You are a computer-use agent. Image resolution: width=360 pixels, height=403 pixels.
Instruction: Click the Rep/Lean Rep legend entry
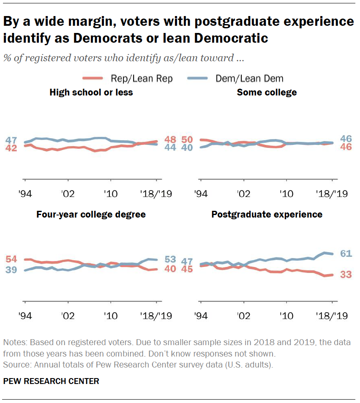(x=127, y=78)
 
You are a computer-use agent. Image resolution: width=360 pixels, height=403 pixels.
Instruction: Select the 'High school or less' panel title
(x=91, y=92)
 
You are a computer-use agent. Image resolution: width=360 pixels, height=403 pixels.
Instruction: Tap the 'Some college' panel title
(x=267, y=92)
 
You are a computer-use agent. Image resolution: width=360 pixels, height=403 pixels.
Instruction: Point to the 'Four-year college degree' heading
(x=91, y=215)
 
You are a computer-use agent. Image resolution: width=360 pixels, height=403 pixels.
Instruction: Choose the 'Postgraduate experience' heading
(x=267, y=215)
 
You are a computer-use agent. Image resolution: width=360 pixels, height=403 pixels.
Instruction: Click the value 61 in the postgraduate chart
(x=346, y=253)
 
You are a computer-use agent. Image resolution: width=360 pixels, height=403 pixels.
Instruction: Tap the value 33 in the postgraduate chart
(x=346, y=275)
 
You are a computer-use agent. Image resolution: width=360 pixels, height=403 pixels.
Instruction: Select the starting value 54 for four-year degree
(x=11, y=259)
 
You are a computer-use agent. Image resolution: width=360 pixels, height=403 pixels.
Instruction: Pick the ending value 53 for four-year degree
(x=170, y=259)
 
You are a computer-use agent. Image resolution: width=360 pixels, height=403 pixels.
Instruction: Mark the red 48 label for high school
(x=170, y=139)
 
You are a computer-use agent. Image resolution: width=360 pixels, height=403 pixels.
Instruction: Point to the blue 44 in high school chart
(x=170, y=147)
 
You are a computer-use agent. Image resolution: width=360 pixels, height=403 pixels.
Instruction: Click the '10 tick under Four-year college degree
(x=110, y=316)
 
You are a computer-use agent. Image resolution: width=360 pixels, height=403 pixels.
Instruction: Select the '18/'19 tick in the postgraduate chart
(x=331, y=316)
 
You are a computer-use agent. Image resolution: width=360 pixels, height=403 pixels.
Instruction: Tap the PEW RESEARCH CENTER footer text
(x=51, y=381)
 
